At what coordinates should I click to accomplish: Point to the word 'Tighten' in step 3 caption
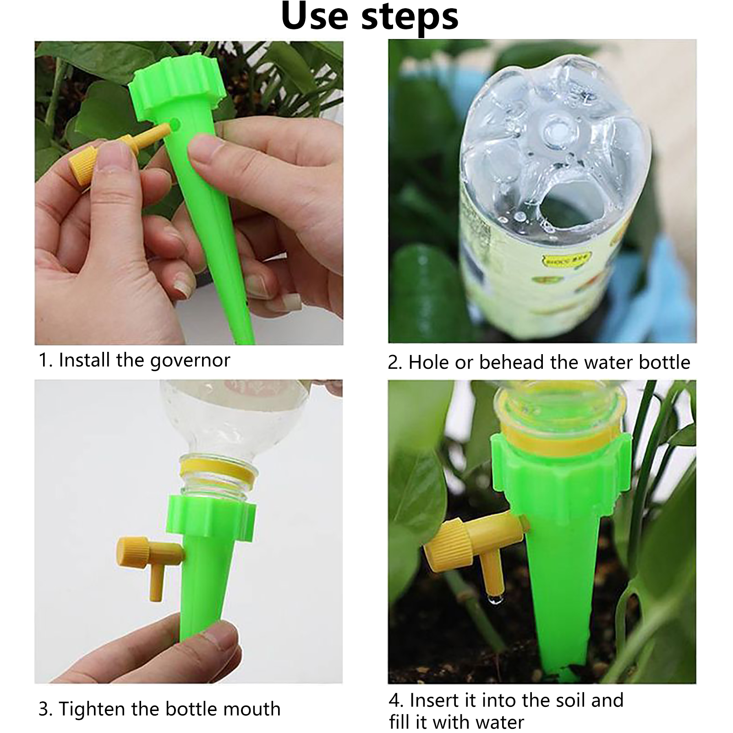[92, 709]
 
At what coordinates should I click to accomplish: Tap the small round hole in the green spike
[175, 122]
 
